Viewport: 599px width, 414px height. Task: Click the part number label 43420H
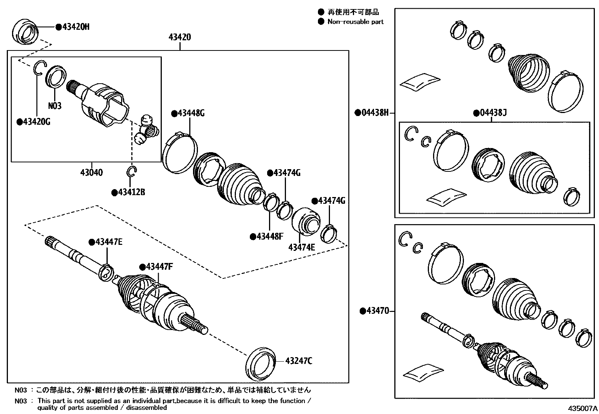point(75,27)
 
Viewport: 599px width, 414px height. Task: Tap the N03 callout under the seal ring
point(55,106)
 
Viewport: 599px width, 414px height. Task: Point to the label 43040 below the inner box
point(91,173)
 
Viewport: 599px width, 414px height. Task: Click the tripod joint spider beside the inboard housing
point(146,130)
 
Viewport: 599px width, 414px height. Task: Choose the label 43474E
point(301,247)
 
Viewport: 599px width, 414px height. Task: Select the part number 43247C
point(299,361)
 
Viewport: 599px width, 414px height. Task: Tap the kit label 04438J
point(493,112)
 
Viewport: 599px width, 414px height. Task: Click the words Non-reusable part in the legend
point(355,21)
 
